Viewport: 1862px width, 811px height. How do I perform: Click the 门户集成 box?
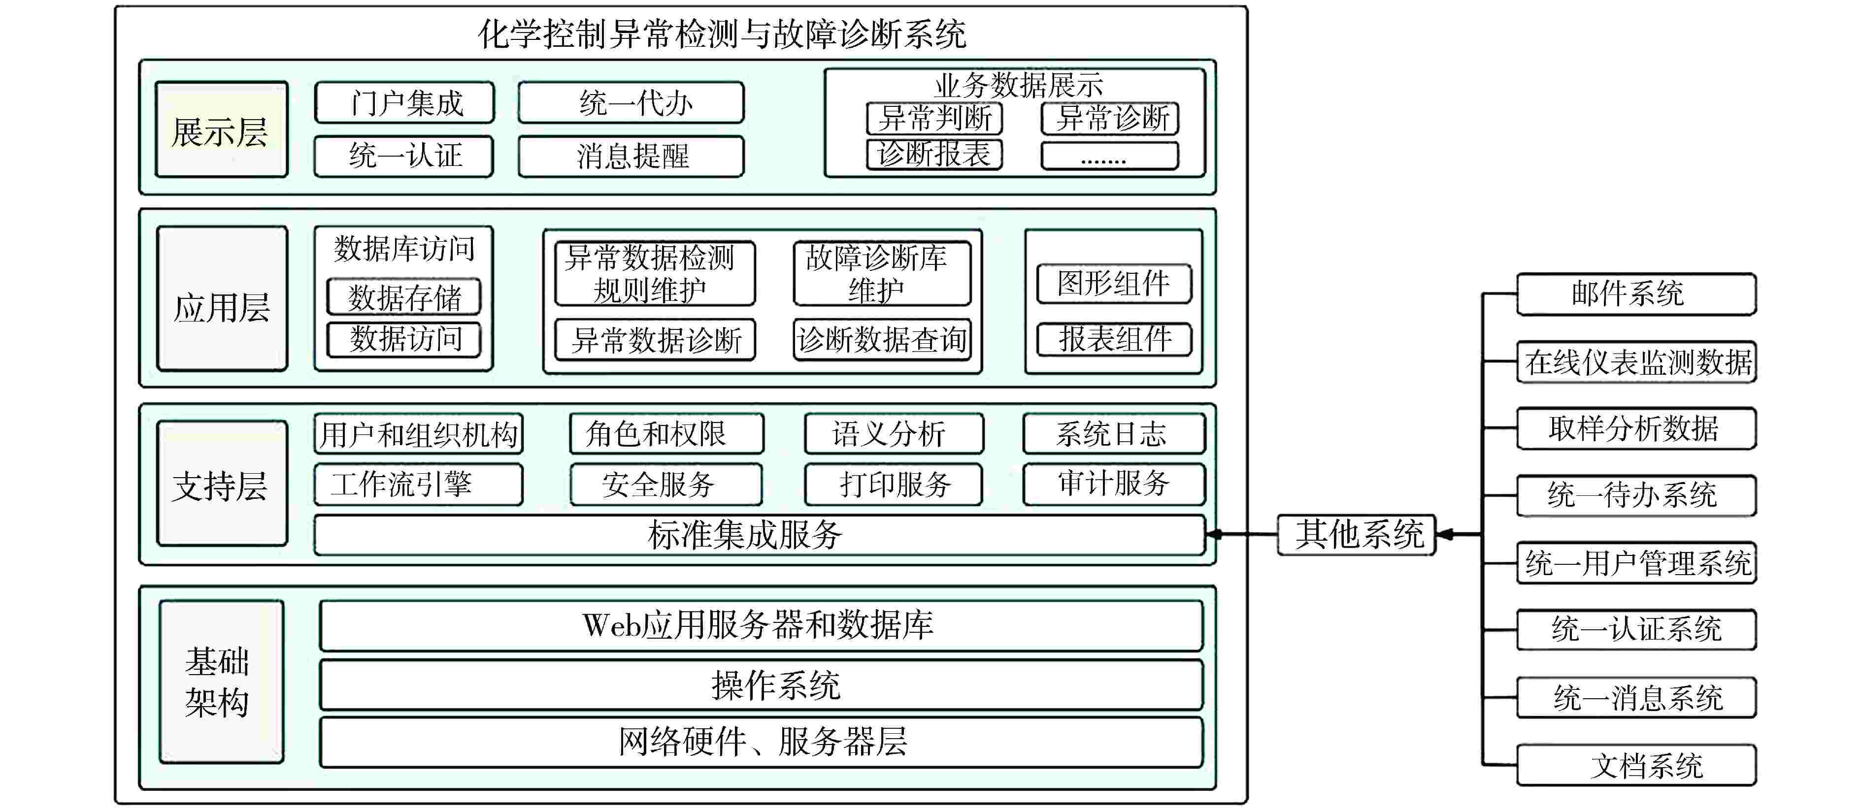(405, 102)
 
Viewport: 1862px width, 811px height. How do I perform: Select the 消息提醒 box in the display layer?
(631, 156)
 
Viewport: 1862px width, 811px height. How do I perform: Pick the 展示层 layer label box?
(221, 130)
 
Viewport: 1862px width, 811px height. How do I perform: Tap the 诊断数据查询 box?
(881, 339)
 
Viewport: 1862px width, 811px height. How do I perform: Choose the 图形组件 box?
(1113, 283)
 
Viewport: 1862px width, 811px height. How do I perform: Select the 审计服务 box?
(1114, 484)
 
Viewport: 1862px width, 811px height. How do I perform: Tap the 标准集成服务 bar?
(759, 535)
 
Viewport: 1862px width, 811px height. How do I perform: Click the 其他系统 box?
(1356, 535)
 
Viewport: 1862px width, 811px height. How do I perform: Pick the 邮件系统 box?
(1636, 294)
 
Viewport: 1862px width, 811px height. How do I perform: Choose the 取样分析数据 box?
(1636, 428)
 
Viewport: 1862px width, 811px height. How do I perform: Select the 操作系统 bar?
(761, 684)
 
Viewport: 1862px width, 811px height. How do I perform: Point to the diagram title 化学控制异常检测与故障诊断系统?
(723, 34)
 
